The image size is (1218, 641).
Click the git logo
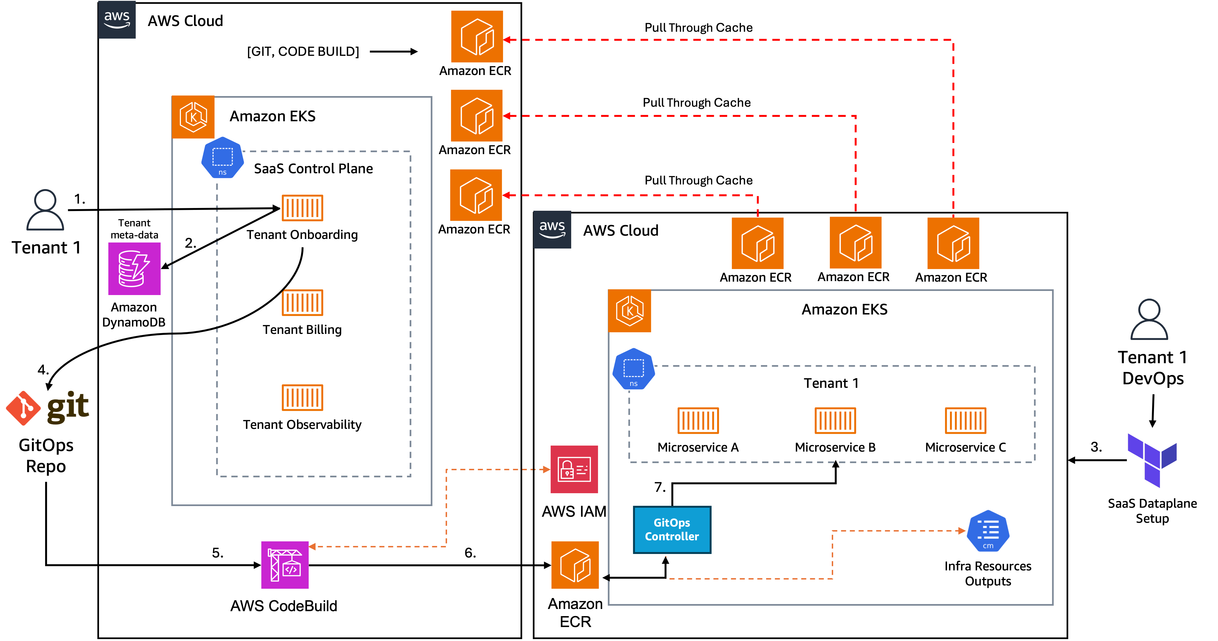(x=47, y=408)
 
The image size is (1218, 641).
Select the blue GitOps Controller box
(x=671, y=529)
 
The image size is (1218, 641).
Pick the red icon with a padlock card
(x=574, y=469)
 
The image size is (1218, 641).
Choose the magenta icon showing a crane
(x=285, y=565)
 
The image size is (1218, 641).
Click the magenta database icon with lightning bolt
(x=134, y=268)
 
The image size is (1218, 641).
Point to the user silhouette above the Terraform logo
(x=1149, y=319)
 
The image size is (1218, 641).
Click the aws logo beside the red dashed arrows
(x=552, y=230)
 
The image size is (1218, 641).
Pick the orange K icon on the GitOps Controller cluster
(x=629, y=311)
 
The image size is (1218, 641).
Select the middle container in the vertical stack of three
(x=302, y=302)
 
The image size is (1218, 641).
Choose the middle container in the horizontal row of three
(x=835, y=420)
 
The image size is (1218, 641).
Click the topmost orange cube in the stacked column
(x=477, y=36)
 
